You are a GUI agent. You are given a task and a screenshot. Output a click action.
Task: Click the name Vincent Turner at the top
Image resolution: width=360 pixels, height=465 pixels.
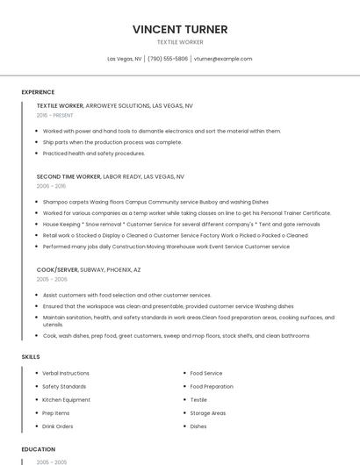tap(180, 29)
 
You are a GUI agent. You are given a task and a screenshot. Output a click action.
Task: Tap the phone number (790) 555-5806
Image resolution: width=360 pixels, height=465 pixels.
tap(168, 59)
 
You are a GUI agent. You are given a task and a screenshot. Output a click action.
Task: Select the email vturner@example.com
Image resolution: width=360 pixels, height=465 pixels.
tap(223, 59)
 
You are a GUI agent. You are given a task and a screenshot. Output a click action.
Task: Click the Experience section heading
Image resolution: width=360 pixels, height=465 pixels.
tap(38, 92)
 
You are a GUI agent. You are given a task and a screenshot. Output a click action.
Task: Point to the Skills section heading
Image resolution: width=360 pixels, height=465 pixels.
tap(31, 357)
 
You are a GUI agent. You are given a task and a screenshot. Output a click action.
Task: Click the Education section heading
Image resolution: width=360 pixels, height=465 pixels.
tap(38, 449)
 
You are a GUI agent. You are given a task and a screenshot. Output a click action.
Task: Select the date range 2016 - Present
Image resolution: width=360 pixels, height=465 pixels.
tap(54, 115)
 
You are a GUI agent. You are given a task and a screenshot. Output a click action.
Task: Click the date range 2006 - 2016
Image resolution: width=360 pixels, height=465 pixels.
tap(51, 186)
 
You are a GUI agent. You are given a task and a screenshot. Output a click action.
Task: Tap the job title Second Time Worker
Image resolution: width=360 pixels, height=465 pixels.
tap(68, 176)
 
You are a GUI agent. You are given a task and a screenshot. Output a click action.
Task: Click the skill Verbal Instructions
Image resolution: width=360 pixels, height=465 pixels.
tap(66, 373)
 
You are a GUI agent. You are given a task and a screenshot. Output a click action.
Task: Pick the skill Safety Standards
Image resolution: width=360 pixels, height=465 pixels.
tap(64, 386)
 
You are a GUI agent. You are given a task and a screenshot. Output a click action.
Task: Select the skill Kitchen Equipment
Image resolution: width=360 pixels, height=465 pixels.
tap(66, 399)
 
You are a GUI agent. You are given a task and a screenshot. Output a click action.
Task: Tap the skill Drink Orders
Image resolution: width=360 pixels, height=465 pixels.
tap(58, 426)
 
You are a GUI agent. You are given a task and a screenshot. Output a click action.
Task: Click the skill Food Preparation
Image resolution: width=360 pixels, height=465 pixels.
tap(212, 386)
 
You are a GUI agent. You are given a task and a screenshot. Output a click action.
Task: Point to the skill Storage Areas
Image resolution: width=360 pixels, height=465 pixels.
tap(208, 413)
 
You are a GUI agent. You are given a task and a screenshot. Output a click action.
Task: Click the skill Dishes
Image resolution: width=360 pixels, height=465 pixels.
tap(198, 426)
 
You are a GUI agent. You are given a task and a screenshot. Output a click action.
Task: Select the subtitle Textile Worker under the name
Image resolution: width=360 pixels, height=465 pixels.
tap(180, 42)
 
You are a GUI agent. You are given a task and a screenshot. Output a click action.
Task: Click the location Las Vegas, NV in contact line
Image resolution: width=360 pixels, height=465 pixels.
tap(125, 59)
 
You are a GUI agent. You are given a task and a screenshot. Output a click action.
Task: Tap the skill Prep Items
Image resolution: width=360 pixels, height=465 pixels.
tap(56, 413)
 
